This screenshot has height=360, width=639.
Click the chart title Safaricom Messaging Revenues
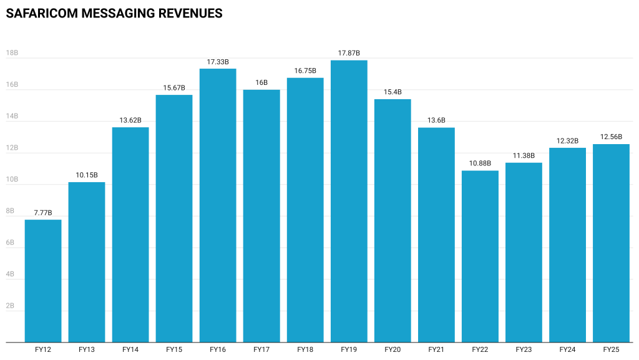[114, 13]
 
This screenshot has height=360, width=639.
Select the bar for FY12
[43, 281]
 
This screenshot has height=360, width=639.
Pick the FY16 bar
[218, 205]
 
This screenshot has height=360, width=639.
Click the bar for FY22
[480, 256]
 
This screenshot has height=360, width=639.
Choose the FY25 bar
[611, 243]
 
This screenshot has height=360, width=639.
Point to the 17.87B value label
[349, 54]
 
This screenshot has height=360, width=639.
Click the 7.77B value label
[43, 213]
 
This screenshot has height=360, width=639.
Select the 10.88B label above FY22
[480, 164]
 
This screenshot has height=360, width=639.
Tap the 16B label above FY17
[261, 83]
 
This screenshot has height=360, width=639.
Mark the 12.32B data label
[567, 141]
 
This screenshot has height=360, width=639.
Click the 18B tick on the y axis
[12, 54]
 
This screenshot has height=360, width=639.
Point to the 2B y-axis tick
[10, 306]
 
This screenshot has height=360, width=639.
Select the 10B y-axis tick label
[12, 180]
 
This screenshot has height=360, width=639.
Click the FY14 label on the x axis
[130, 350]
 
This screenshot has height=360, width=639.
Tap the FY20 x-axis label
[393, 350]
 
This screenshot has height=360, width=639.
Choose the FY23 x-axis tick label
[524, 350]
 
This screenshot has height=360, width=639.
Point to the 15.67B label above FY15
[174, 88]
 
